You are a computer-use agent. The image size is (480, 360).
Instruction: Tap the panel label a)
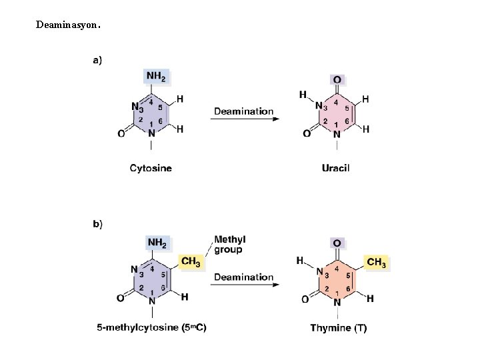click(97, 60)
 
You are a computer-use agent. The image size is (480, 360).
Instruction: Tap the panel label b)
click(97, 223)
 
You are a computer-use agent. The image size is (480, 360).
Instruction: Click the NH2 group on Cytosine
click(156, 77)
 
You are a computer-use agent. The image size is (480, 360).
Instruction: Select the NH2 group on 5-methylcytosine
click(157, 243)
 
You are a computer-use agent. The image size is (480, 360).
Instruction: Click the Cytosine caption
click(151, 168)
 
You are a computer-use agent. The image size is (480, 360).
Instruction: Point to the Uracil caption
click(335, 168)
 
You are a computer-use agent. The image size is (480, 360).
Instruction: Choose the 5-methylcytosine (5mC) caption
click(151, 327)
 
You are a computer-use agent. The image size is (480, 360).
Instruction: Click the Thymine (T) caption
click(338, 327)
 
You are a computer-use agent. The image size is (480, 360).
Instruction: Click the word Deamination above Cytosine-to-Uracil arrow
click(243, 111)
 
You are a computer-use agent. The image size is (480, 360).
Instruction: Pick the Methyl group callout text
click(229, 245)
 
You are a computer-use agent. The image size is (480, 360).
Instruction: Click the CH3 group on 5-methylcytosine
click(190, 262)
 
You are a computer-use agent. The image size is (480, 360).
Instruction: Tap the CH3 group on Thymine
click(376, 263)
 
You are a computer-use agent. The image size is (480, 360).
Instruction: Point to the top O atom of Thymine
click(337, 245)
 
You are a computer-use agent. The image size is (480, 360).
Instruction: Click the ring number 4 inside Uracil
click(336, 103)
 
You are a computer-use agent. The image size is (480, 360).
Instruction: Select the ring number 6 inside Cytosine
click(161, 120)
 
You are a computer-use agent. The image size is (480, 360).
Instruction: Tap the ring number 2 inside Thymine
click(326, 288)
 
